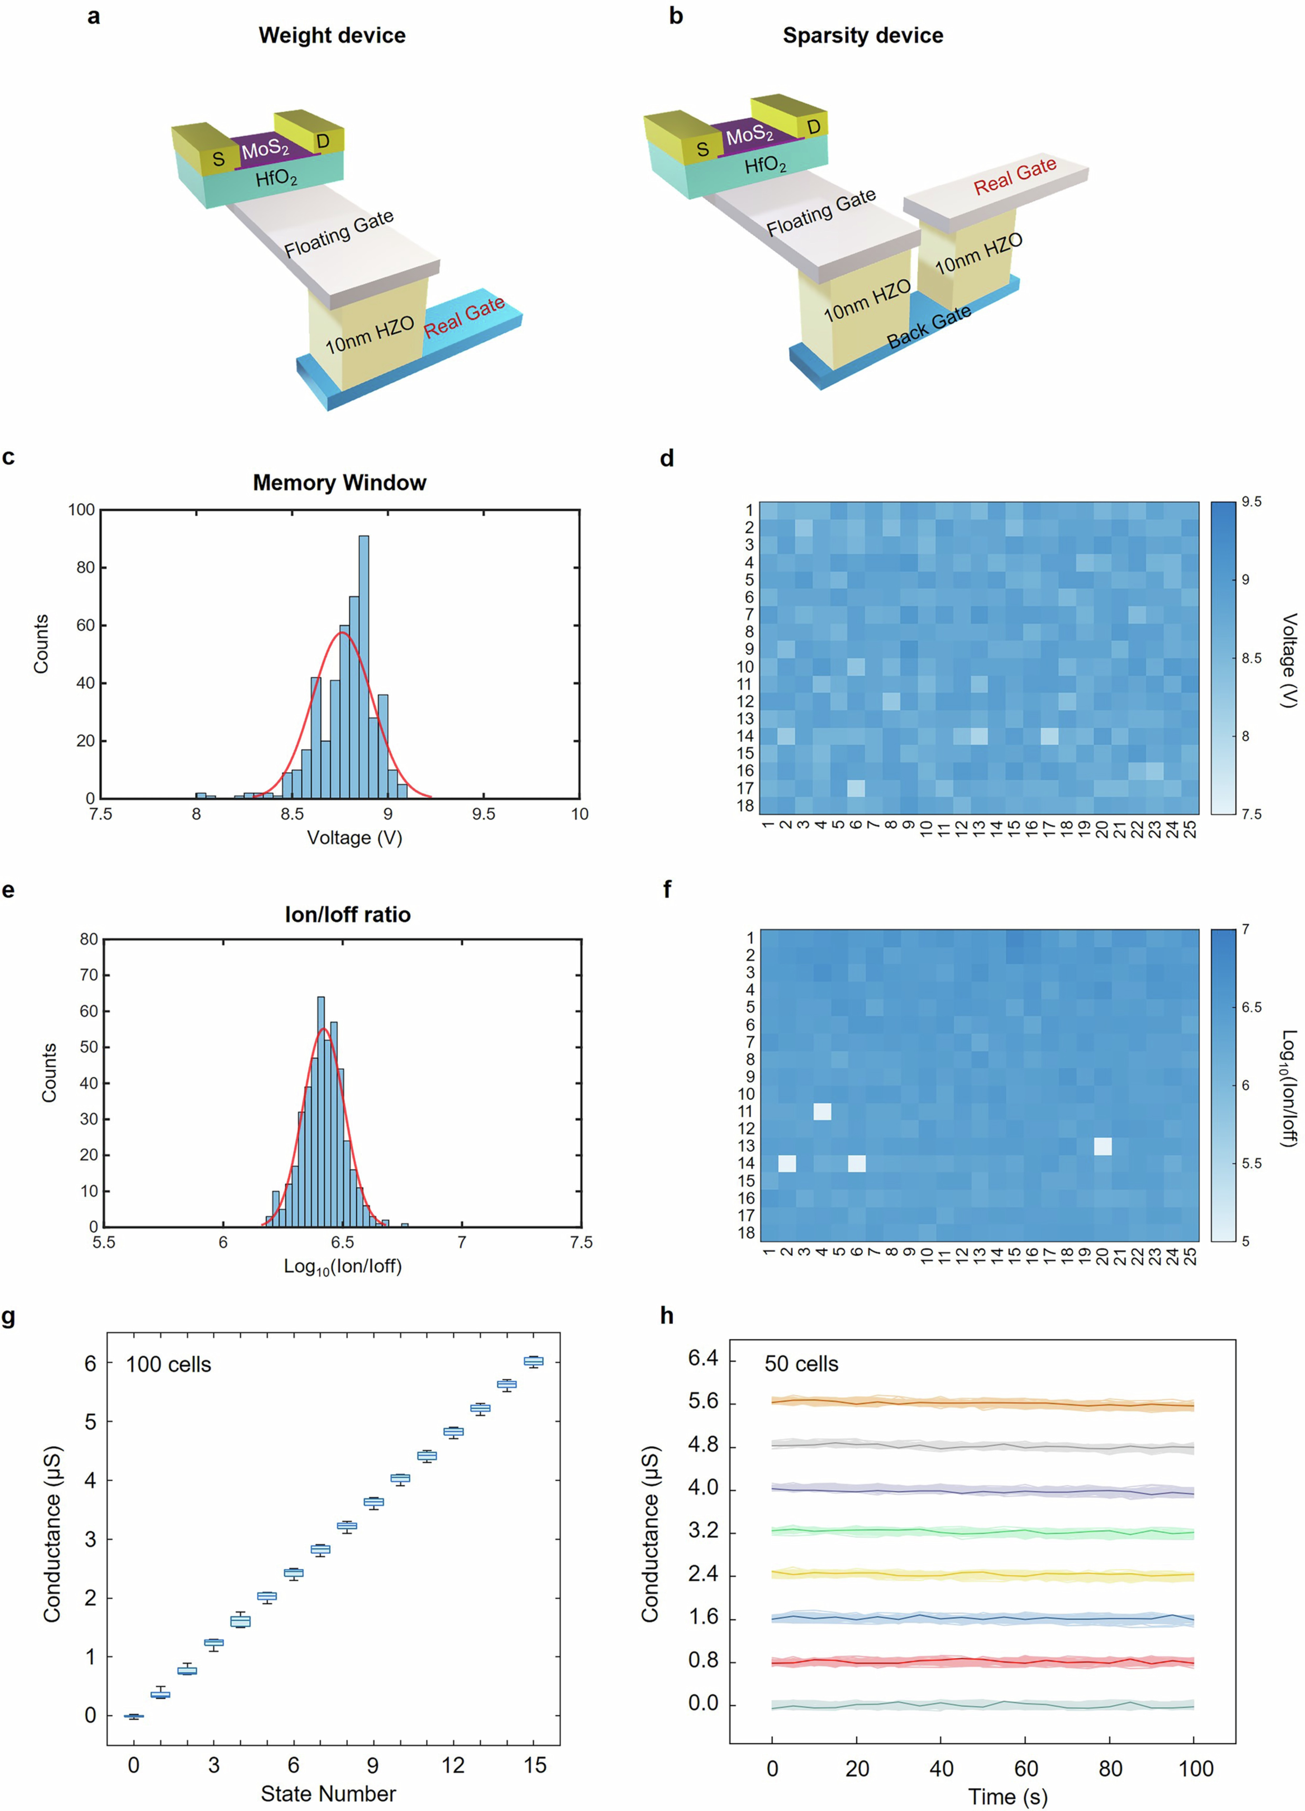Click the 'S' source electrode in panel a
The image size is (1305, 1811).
[218, 159]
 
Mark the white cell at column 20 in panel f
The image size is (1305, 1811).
[1102, 1146]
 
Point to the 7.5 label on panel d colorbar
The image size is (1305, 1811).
[1251, 814]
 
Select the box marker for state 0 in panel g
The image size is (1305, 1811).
[133, 1715]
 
